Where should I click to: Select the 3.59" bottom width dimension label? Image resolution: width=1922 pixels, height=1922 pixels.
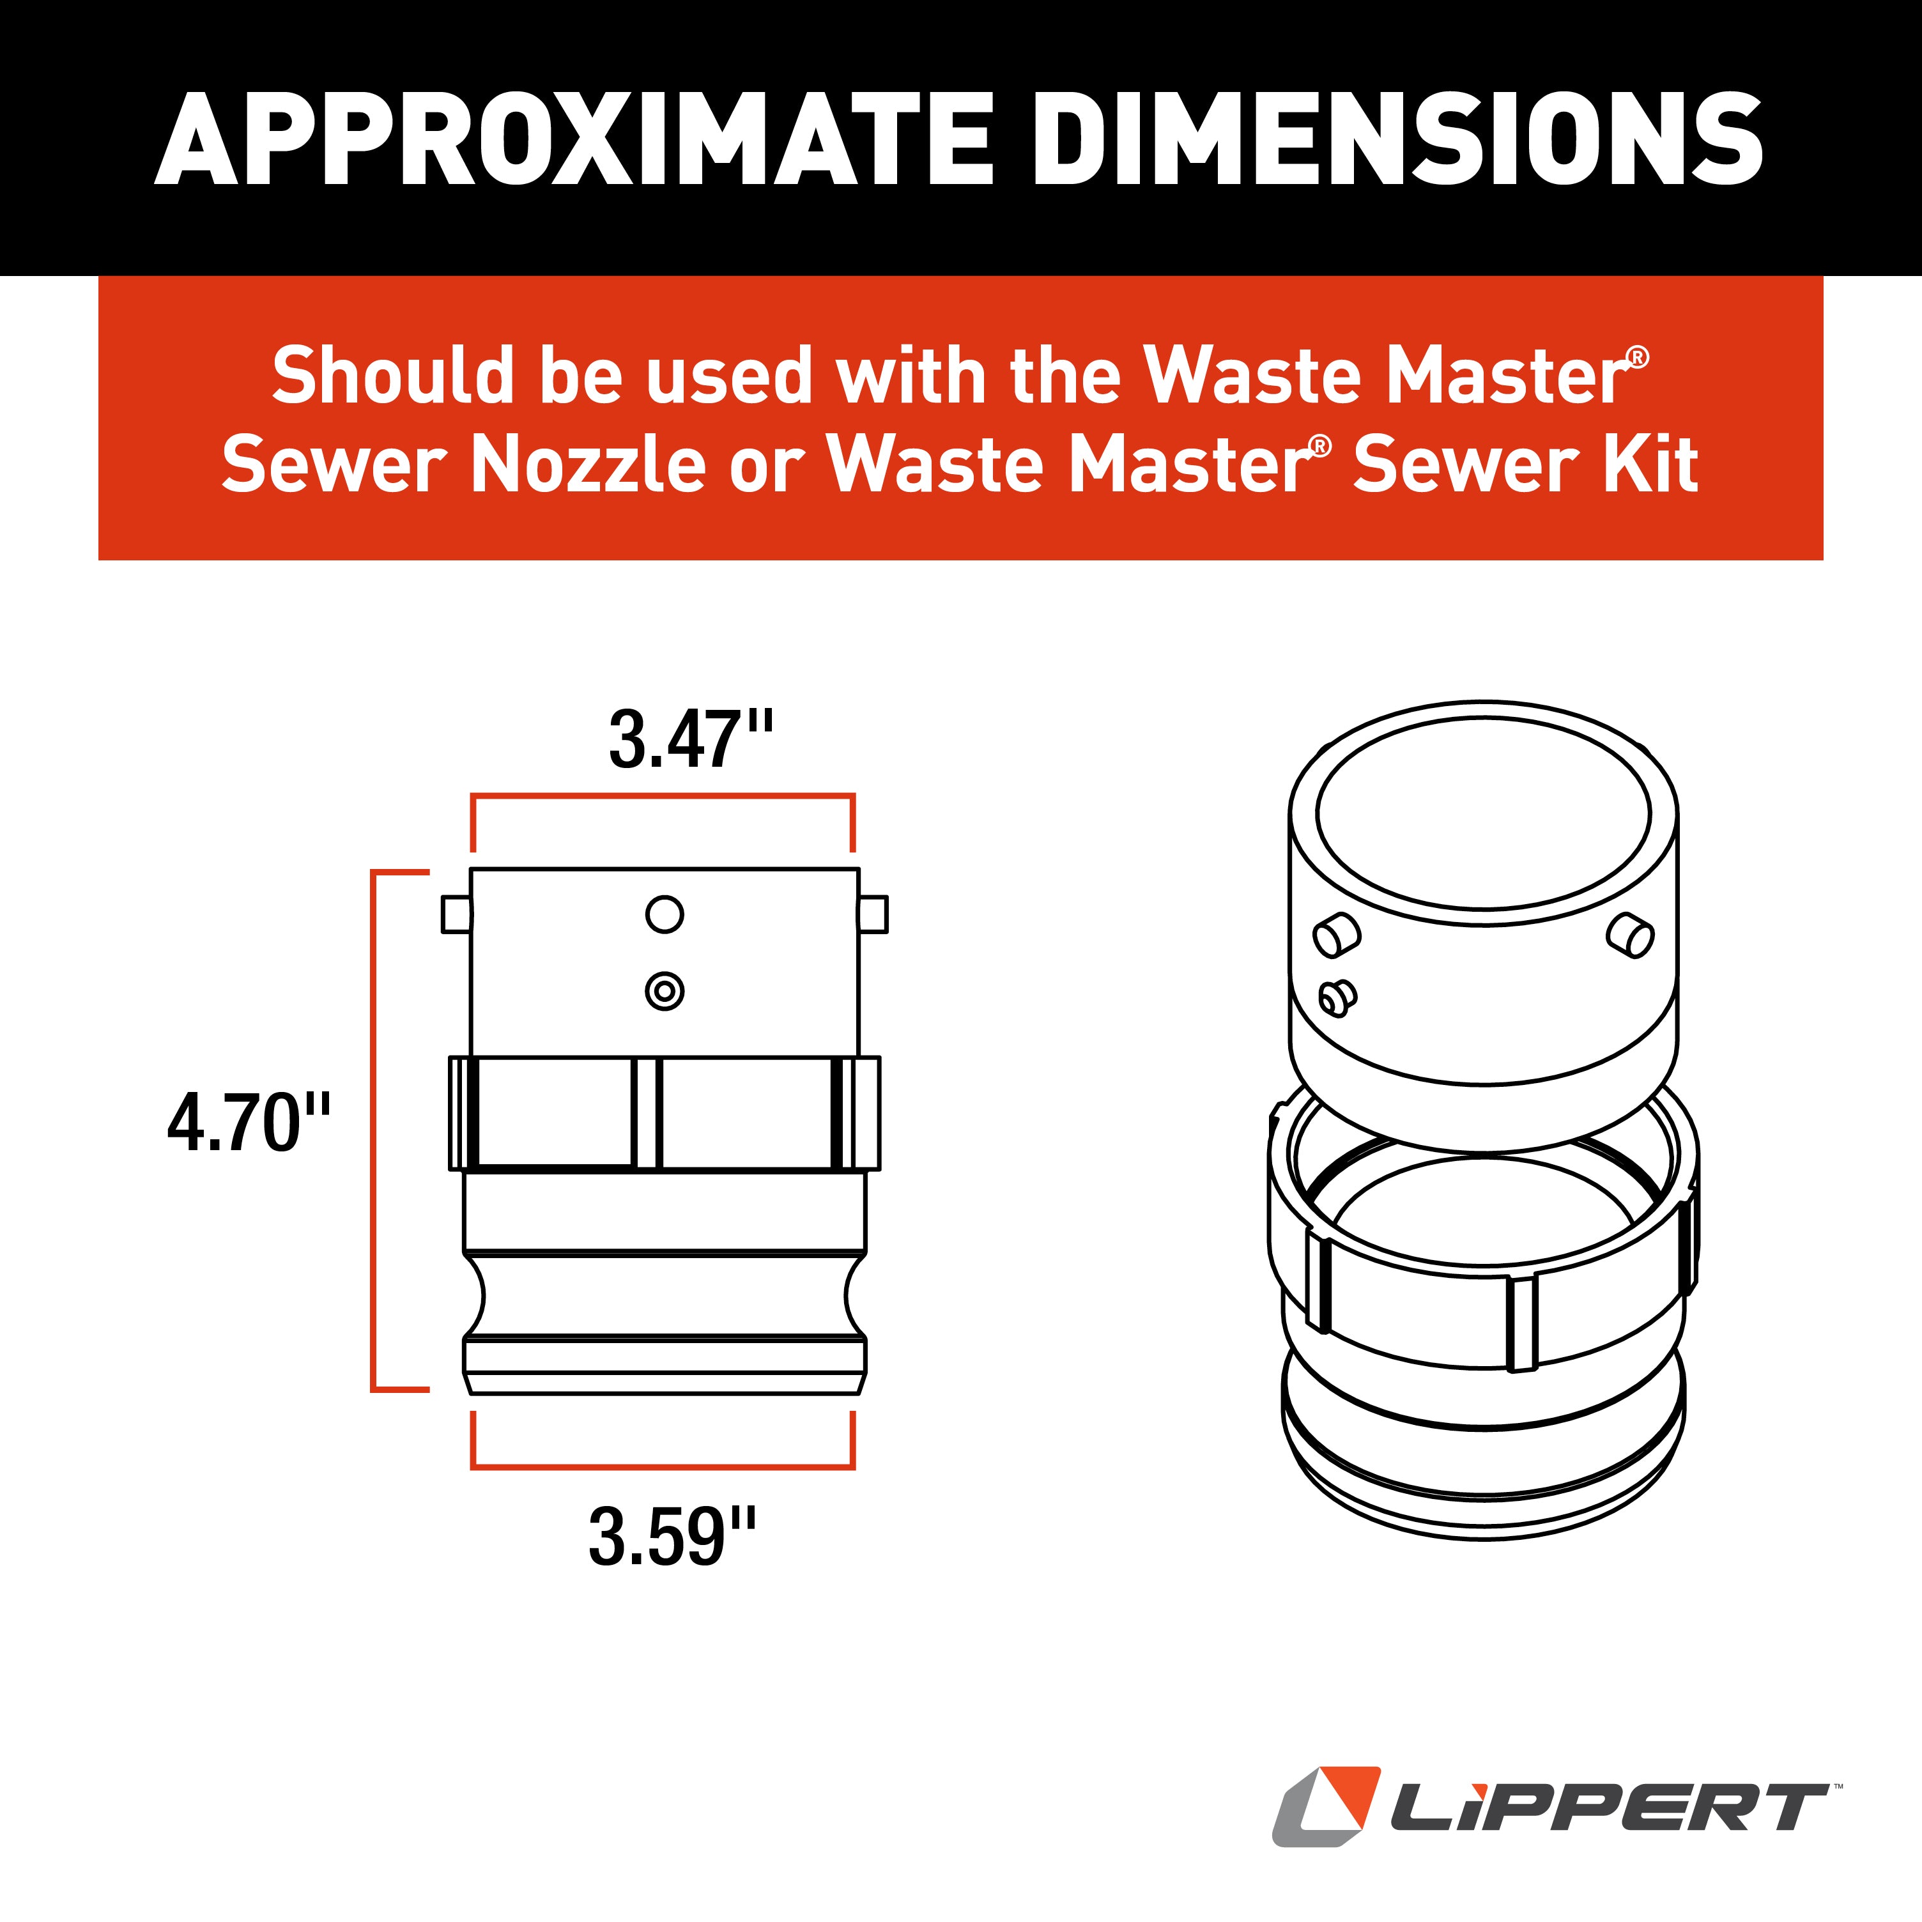(x=672, y=1537)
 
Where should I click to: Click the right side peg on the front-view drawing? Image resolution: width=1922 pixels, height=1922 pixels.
(x=872, y=913)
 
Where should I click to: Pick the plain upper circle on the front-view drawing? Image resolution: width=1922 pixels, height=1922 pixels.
(x=665, y=913)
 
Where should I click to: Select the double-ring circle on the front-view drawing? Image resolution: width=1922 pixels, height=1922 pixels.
(x=665, y=991)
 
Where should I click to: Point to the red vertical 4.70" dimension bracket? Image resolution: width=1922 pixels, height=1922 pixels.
(x=373, y=1130)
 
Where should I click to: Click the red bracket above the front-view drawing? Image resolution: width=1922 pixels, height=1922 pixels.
(x=663, y=796)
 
